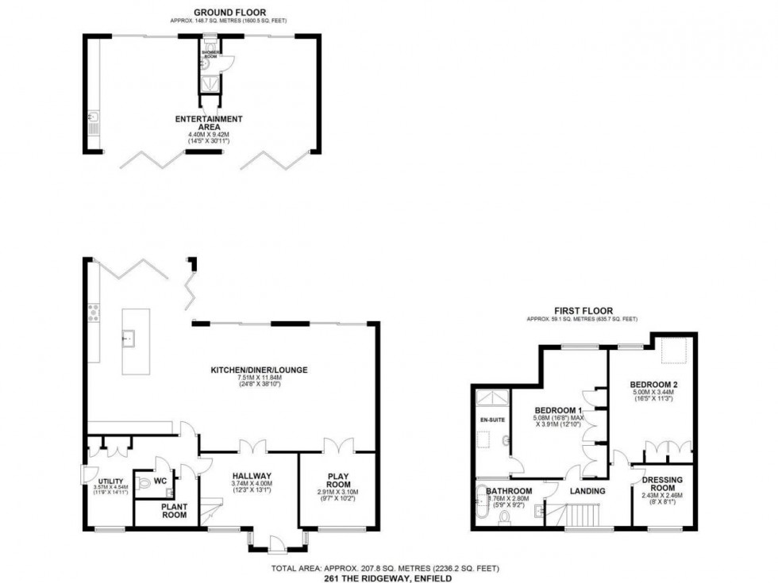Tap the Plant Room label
click(174, 511)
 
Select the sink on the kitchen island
click(128, 339)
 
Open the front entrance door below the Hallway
click(276, 545)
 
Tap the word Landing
click(589, 491)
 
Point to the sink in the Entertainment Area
click(94, 122)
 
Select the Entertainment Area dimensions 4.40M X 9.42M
click(209, 135)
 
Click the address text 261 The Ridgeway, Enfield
click(388, 577)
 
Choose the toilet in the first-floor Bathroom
click(504, 520)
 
